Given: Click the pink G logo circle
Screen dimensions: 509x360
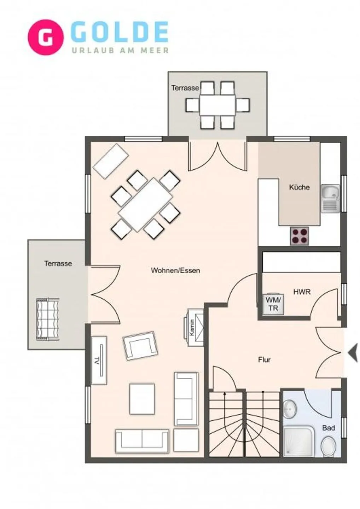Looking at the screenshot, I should point(46,37).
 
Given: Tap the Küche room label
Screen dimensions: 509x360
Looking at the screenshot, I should point(299,187).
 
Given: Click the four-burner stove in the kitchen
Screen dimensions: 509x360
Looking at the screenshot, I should point(299,236).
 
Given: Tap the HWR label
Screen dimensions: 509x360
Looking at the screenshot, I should point(302,292).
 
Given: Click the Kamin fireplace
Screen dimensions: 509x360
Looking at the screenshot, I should point(196,328).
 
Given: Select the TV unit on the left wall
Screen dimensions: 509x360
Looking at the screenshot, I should point(99,361).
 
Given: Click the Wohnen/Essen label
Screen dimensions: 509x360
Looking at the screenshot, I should point(175,270).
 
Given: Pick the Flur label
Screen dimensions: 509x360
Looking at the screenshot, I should point(264,360).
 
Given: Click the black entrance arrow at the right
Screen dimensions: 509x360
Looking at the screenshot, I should point(353,353).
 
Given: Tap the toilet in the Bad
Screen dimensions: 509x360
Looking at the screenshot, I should point(329,445).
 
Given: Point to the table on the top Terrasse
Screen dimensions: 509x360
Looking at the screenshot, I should point(217,105).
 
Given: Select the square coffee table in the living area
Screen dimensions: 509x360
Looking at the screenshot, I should point(142,399).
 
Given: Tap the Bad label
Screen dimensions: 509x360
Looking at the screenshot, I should point(328,428).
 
